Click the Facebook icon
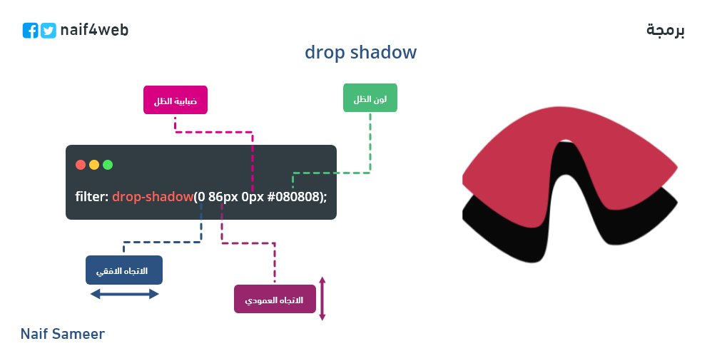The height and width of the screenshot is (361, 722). coord(30,31)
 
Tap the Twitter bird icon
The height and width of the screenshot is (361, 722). coord(49,31)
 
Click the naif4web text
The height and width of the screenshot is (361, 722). coord(94,30)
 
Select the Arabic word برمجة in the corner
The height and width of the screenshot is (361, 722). coord(665,30)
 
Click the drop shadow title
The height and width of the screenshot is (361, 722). coord(360,53)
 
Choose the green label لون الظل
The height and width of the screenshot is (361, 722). coord(370,98)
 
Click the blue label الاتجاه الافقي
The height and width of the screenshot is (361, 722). coord(124,270)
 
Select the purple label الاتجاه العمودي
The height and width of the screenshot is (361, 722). coord(275,299)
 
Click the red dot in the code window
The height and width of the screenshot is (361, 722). coord(81,165)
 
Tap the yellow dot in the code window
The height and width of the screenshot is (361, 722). coord(94,165)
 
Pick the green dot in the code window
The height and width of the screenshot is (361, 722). coord(108,165)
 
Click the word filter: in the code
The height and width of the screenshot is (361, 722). coord(92,195)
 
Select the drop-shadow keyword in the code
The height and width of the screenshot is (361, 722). coord(153,195)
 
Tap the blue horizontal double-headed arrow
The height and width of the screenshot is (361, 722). coord(124,294)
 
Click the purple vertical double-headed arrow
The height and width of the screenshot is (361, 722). coord(322,299)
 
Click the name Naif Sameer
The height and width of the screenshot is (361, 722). coord(63,334)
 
